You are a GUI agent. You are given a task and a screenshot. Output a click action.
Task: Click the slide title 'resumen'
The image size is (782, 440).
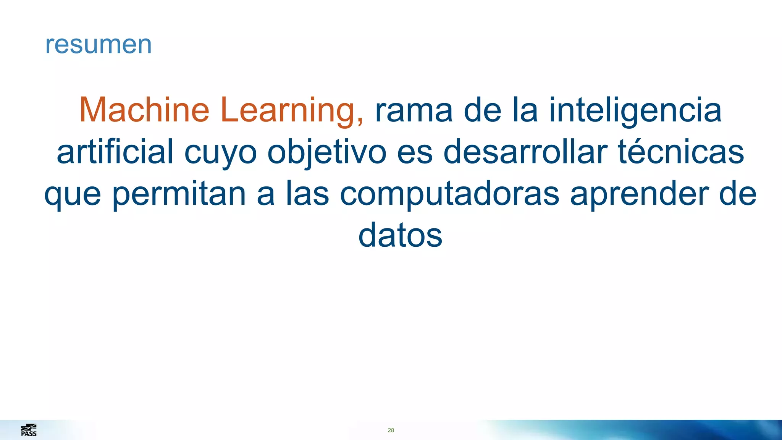pos(99,44)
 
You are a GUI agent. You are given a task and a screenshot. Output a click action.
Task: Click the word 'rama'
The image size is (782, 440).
pos(414,111)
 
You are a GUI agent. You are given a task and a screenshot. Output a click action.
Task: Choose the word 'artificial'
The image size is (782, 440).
pos(115,152)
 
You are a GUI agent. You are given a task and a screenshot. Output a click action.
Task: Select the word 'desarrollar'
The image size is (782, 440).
pos(525,152)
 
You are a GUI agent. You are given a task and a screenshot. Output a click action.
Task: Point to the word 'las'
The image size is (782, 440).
pos(307,194)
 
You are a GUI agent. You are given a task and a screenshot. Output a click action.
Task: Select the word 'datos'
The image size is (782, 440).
pos(400,235)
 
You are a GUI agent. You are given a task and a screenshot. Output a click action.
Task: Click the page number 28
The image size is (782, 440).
pos(391,430)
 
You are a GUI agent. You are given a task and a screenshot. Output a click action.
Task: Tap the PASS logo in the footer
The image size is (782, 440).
pos(29,430)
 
